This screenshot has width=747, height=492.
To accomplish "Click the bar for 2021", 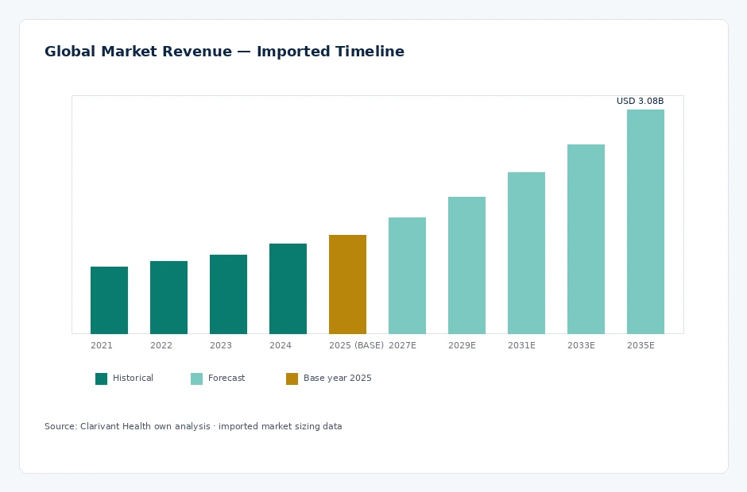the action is click(x=109, y=300).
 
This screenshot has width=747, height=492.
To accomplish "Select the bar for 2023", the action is click(x=228, y=294).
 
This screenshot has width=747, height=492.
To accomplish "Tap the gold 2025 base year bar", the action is click(x=348, y=284).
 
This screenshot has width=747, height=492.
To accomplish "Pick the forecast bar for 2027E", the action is click(x=408, y=275).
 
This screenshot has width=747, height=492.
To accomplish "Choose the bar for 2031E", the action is click(x=526, y=253).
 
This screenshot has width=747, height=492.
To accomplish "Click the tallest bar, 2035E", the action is click(x=645, y=221).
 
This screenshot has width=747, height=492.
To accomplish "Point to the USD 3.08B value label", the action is click(x=640, y=101).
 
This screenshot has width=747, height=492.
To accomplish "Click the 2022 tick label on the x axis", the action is click(x=161, y=345).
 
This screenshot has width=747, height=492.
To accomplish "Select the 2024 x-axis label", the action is click(x=280, y=345).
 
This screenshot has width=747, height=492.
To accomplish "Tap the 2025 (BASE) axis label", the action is click(x=356, y=345).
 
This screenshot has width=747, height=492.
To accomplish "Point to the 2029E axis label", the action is click(x=462, y=345).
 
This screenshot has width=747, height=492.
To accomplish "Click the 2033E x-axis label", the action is click(x=581, y=345).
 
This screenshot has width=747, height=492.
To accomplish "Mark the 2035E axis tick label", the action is click(x=641, y=345).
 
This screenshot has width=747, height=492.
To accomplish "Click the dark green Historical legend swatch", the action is click(x=102, y=379).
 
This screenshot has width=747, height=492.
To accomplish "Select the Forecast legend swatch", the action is click(x=197, y=379).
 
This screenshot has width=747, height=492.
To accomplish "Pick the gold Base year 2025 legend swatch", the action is click(x=292, y=379).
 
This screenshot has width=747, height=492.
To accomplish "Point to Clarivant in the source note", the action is click(x=99, y=426).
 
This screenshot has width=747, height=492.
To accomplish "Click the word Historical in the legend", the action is click(x=133, y=379).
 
